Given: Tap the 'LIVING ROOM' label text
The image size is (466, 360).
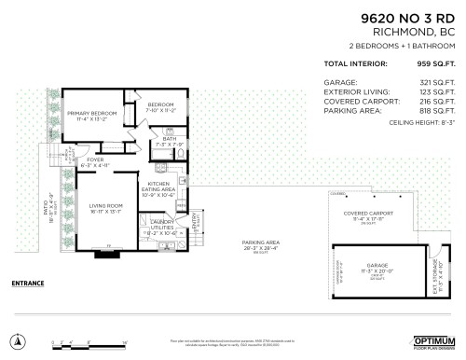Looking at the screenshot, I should (x=106, y=207).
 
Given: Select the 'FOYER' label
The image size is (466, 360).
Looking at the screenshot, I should (x=94, y=160).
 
